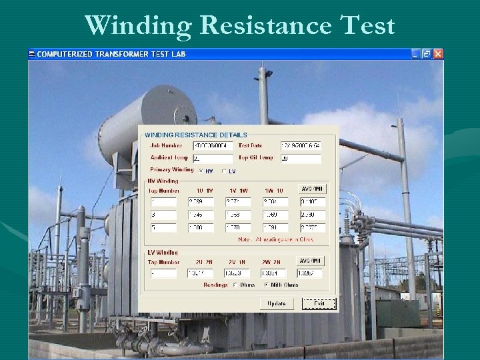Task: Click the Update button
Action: [277, 303]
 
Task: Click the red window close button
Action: [438, 53]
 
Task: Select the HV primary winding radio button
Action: [202, 171]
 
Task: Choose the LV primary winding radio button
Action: [224, 171]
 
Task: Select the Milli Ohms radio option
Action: [267, 285]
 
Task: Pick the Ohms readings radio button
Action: [235, 285]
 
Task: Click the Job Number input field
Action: [211, 146]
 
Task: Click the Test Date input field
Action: [300, 146]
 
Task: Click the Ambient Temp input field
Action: [211, 159]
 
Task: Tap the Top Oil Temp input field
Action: [300, 159]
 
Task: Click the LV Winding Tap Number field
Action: [163, 273]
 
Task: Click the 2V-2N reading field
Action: [237, 273]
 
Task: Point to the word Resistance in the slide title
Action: [266, 26]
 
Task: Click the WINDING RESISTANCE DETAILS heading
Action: [196, 135]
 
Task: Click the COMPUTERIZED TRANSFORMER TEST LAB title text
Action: [111, 54]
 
